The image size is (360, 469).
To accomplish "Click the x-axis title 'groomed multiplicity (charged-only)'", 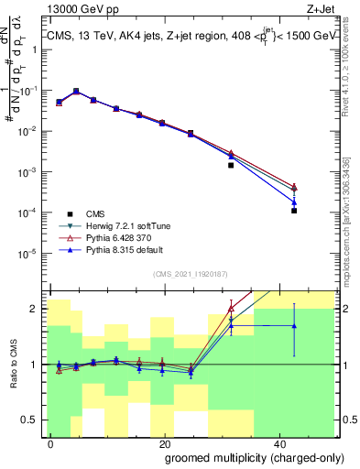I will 253,456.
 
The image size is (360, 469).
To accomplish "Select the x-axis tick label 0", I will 51,442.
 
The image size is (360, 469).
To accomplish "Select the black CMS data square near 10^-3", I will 231,166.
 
